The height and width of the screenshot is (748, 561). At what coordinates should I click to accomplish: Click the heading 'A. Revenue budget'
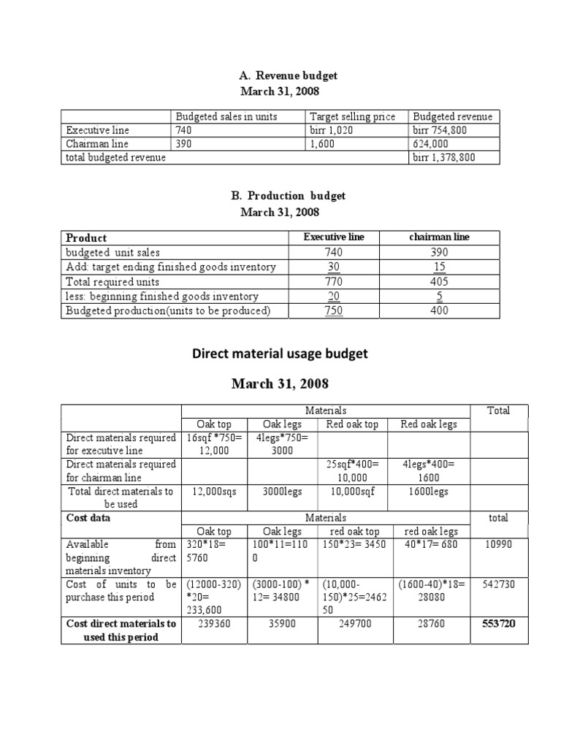tap(289, 75)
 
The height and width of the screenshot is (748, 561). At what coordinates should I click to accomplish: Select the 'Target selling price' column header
tap(353, 117)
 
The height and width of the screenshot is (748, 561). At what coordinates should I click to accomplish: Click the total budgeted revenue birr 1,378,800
tap(445, 157)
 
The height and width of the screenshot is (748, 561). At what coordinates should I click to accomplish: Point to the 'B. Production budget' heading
tap(289, 196)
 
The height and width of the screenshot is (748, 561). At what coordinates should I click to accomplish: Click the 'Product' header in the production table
tap(86, 237)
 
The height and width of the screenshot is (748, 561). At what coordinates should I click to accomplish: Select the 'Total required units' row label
tap(112, 281)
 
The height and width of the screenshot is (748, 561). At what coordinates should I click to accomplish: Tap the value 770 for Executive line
tap(334, 281)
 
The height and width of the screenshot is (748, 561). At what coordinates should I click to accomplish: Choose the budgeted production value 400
tap(439, 310)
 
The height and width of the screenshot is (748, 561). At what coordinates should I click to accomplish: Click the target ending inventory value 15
tap(439, 267)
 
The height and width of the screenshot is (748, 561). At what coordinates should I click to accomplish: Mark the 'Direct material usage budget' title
tap(280, 354)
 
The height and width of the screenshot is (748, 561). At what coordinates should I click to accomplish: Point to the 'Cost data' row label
tap(88, 518)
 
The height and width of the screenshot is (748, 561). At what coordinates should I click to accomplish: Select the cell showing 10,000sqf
tap(354, 492)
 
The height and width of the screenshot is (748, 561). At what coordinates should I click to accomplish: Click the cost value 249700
tap(354, 624)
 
